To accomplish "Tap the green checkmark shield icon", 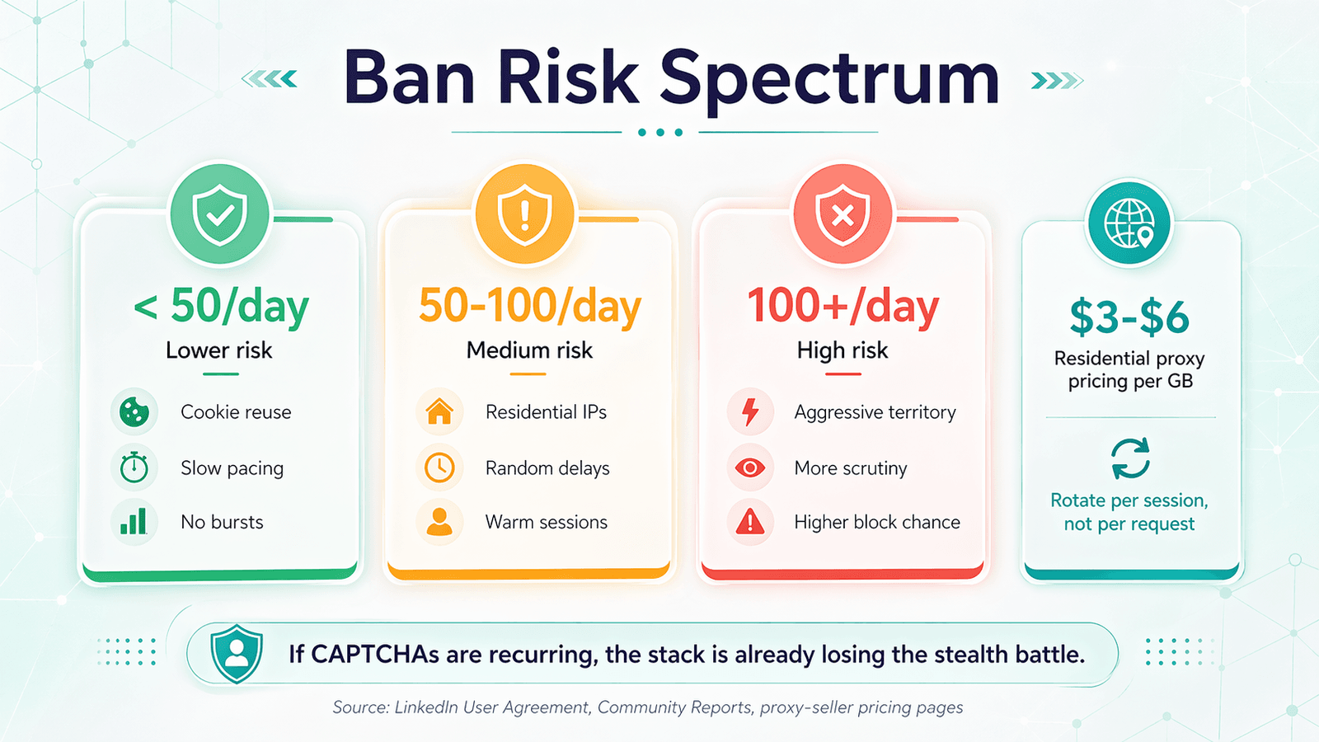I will [220, 214].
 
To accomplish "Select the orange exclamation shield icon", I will [525, 214].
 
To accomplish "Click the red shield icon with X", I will [843, 214].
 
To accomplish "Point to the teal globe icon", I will [1129, 223].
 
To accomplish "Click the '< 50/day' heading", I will [221, 306].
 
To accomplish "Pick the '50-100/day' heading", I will [529, 306].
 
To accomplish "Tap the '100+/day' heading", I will [843, 306].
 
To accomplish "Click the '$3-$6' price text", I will [1129, 317].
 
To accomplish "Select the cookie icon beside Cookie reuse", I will [134, 411].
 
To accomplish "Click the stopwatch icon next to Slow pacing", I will [134, 467].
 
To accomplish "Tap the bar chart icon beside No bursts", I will [134, 522].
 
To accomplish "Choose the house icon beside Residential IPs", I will [439, 411].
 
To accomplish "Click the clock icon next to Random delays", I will [439, 467].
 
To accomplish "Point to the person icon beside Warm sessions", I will [439, 522].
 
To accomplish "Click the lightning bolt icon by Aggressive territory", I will [750, 411].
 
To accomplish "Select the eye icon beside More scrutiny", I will [750, 467].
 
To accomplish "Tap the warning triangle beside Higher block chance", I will [750, 522].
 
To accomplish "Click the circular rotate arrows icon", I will [1129, 458].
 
